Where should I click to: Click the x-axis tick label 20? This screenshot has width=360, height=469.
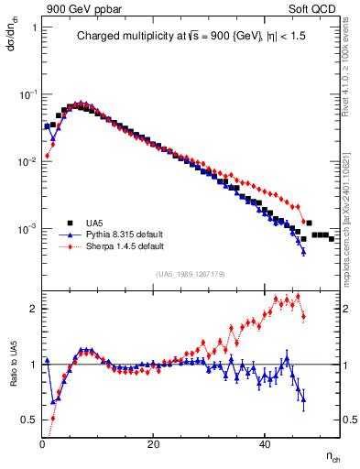tap(153, 443)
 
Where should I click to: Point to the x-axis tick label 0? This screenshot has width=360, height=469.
tap(42, 443)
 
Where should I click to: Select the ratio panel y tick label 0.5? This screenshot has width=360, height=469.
tap(29, 420)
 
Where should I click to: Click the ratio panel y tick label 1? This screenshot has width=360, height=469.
tap(33, 365)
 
